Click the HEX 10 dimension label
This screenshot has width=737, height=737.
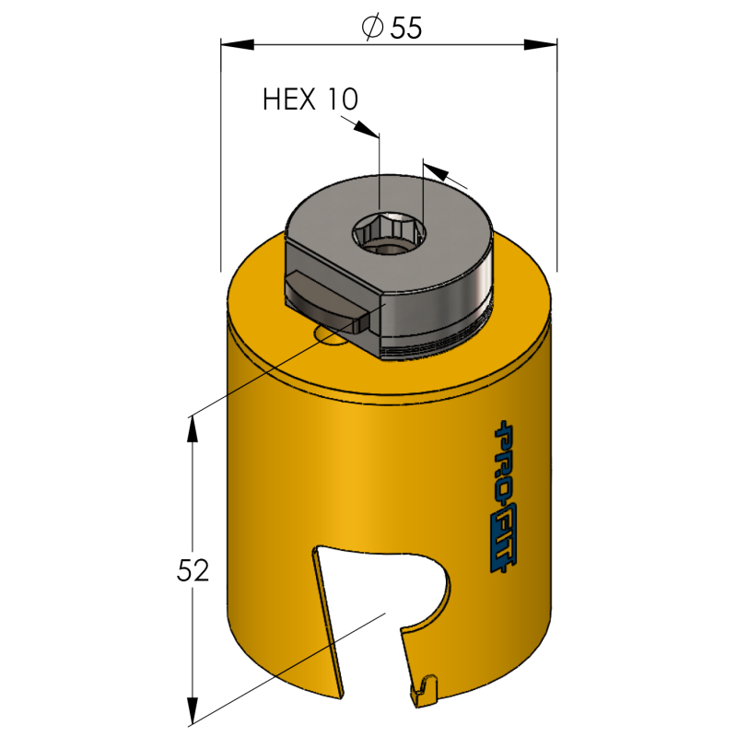(310, 99)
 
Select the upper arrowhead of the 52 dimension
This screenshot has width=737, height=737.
(193, 427)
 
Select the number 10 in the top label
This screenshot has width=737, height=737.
(342, 99)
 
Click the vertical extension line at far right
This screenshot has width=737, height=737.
(558, 175)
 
